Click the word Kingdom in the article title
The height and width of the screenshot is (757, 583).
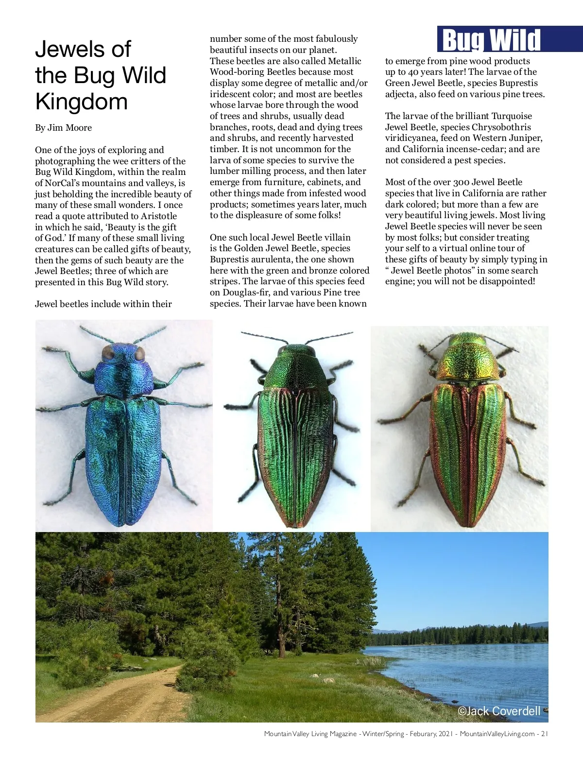(x=82, y=102)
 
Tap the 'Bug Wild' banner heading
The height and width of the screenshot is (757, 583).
(x=492, y=40)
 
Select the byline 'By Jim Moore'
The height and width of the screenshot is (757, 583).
(x=63, y=128)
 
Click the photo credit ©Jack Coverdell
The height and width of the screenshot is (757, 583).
(x=499, y=711)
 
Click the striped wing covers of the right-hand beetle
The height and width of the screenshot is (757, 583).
(x=467, y=452)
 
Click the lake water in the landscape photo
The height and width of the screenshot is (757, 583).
(x=462, y=666)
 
